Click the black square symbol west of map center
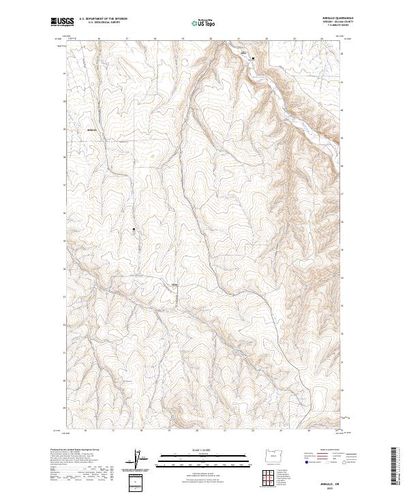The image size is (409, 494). (134, 230)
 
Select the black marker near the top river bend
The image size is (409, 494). (253, 59)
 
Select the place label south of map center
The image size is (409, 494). (174, 285)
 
